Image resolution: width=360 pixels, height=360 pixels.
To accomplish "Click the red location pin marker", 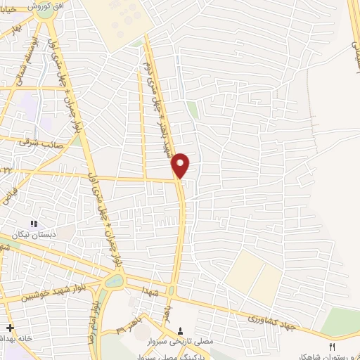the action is pyautogui.click(x=181, y=165).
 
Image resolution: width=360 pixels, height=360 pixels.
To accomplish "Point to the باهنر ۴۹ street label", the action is pyautogui.click(x=129, y=327).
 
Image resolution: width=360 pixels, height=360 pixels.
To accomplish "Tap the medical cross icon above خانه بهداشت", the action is pyautogui.click(x=9, y=328).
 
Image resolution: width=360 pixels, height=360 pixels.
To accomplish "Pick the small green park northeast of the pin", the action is pyautogui.click(x=192, y=110).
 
